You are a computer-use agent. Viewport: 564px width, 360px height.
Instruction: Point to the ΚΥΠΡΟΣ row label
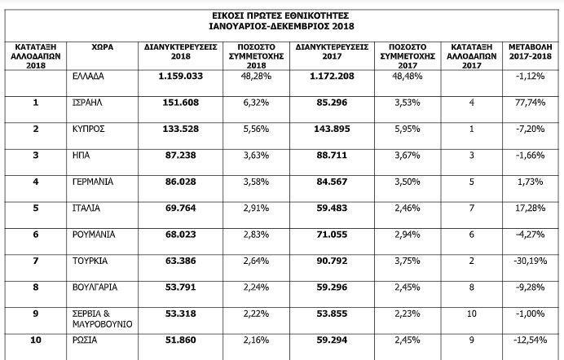[x=87, y=129]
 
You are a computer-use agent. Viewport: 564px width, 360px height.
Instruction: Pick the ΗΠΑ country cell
[x=80, y=156]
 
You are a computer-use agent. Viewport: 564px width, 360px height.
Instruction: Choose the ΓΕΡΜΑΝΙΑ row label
[x=91, y=182]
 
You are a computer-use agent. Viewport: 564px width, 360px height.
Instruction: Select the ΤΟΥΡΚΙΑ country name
[x=89, y=261]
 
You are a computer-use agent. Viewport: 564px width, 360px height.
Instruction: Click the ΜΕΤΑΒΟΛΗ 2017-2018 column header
[x=531, y=51]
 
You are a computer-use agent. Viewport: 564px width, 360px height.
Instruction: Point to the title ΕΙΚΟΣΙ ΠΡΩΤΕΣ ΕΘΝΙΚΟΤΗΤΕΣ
[x=281, y=15]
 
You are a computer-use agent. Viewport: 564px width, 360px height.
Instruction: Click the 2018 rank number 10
[x=35, y=339]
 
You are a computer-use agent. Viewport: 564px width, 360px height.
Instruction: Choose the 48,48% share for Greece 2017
[x=407, y=77]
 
